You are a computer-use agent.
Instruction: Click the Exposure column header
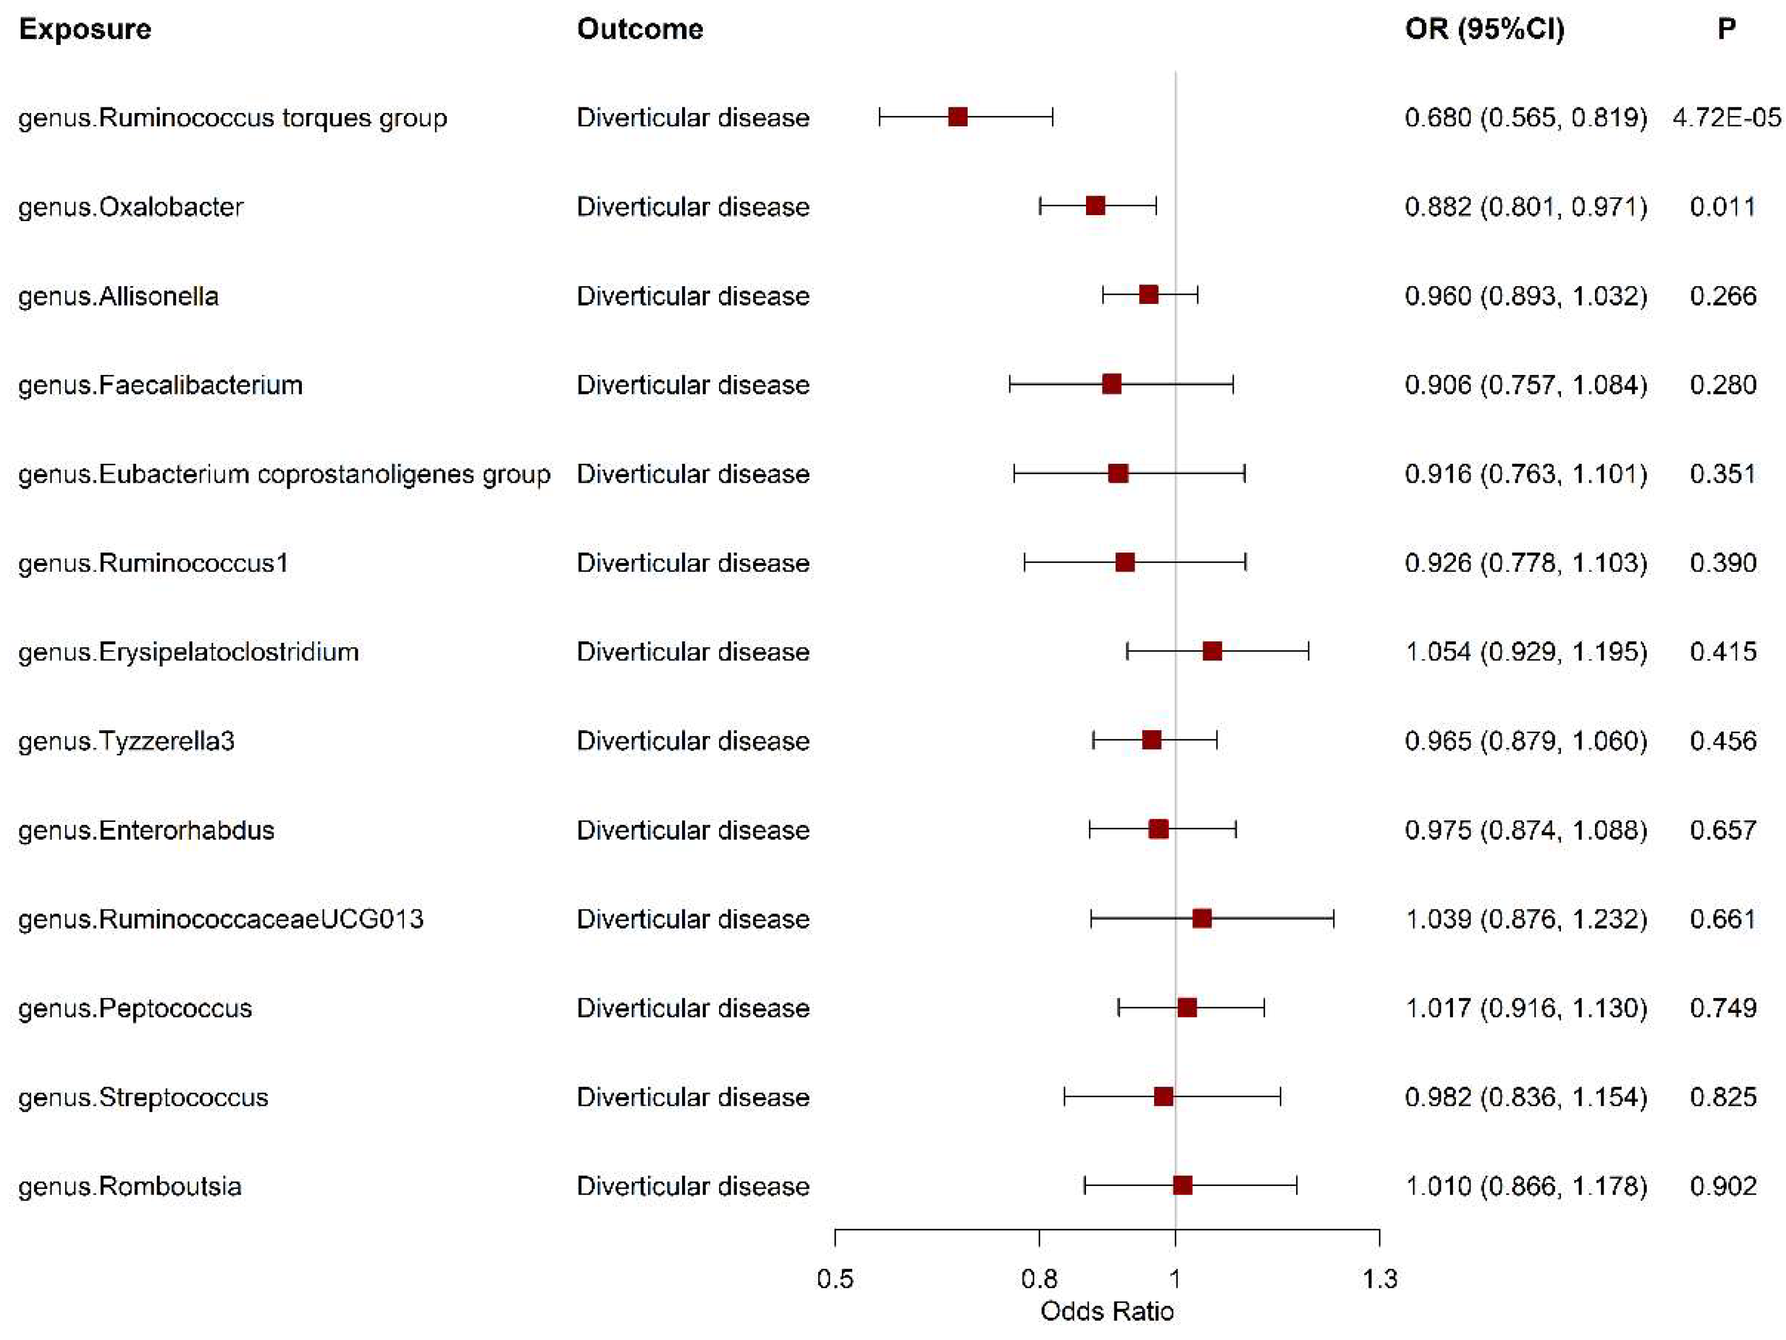85,29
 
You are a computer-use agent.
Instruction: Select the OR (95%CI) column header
1484,29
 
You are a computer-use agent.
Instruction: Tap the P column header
1726,29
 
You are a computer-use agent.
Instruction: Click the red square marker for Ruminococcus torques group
957,117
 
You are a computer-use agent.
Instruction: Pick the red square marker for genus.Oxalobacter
1095,206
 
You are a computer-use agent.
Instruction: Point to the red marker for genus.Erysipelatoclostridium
1212,651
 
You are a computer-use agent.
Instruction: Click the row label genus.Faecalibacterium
160,385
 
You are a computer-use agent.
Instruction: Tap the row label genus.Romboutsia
130,1186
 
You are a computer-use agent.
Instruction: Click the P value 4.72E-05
1726,118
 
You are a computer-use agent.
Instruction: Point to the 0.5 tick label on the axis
835,1279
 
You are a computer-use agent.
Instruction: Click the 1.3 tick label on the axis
1380,1279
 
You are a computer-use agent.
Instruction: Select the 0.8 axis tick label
1039,1279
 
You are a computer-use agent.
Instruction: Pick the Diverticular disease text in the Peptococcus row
693,1008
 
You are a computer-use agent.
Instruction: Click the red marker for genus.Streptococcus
1163,1096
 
